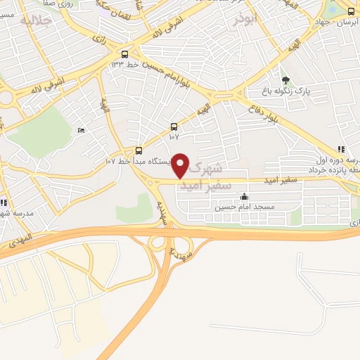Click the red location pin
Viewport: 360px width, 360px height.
point(181,166)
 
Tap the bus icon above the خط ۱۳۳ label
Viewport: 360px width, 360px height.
point(124,54)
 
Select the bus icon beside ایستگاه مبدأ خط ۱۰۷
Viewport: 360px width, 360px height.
point(139,150)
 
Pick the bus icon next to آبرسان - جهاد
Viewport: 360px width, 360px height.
point(351,11)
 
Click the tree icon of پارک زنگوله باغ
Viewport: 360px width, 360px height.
point(285,80)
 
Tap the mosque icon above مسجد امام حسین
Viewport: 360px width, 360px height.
point(243,197)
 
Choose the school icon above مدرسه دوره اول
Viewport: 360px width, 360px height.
point(341,149)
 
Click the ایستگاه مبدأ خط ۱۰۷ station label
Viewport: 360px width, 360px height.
point(137,161)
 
